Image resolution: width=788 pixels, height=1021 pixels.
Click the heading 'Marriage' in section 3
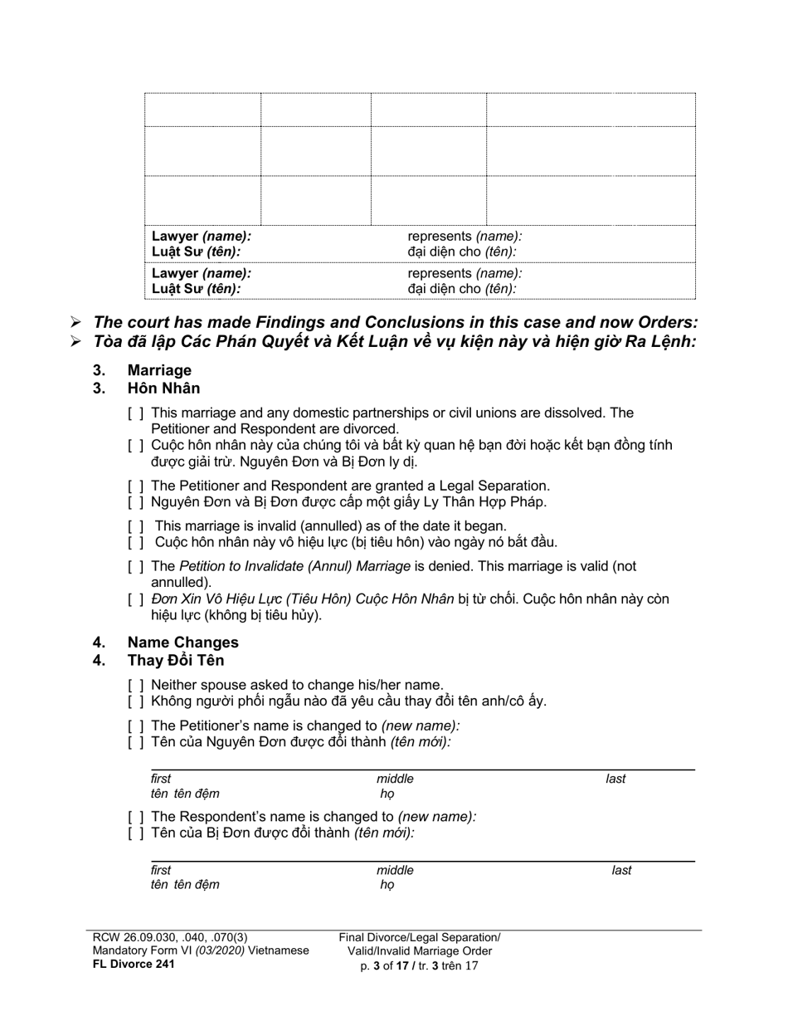(159, 370)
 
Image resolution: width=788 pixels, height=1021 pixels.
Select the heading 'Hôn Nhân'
(163, 388)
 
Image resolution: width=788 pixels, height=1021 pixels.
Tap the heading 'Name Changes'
(182, 642)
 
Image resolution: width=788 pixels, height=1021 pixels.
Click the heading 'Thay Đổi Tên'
(176, 660)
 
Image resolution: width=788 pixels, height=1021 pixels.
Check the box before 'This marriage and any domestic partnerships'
(136, 413)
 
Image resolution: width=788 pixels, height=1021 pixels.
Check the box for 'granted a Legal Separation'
(136, 486)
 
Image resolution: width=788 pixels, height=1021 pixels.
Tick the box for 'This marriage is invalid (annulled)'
(136, 525)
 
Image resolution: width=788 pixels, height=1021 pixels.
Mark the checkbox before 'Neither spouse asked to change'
(136, 685)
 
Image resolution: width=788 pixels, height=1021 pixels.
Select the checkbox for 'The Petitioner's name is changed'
(136, 725)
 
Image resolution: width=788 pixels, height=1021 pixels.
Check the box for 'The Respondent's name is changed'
(136, 816)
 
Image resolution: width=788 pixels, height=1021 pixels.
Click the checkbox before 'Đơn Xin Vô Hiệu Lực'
(136, 599)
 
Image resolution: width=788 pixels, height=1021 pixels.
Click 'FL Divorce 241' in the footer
(134, 964)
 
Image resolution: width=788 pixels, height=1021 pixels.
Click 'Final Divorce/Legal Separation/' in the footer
(420, 937)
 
